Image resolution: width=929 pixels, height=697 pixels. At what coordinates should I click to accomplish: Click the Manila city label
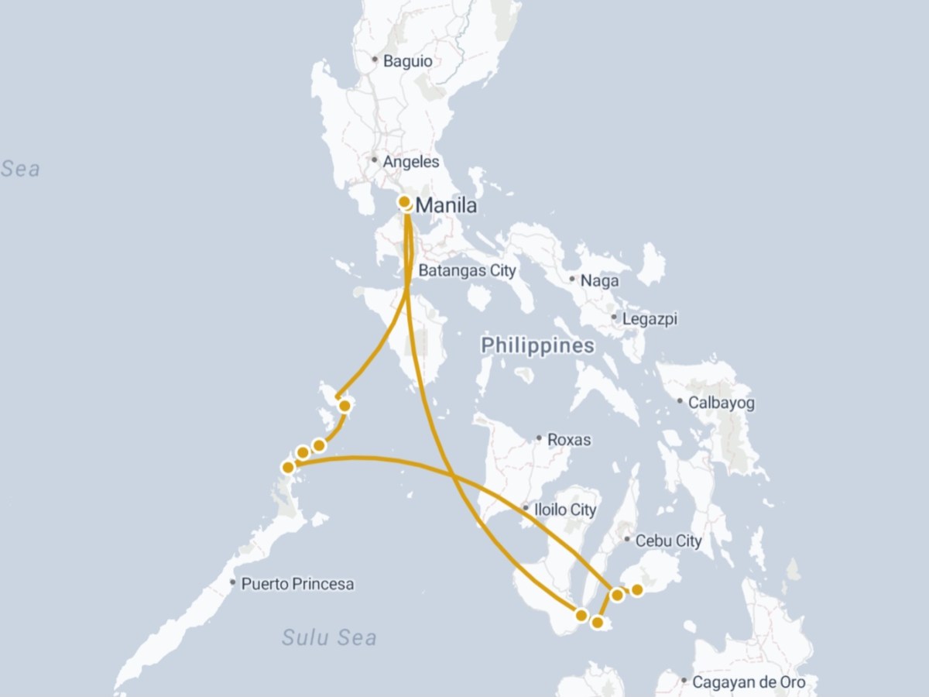click(x=447, y=206)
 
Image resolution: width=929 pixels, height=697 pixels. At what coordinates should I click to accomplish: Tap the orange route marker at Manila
click(x=404, y=202)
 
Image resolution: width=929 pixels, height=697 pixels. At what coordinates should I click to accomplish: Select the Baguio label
click(x=412, y=60)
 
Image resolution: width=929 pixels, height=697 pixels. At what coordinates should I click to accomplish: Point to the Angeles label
click(x=412, y=162)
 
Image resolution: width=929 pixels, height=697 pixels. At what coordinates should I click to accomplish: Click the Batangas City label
click(x=467, y=270)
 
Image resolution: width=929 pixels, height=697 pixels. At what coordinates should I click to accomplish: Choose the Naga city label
click(x=601, y=280)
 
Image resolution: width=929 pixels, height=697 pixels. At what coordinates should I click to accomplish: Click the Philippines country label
click(x=537, y=345)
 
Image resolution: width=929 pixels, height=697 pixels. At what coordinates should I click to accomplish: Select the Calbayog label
click(x=721, y=403)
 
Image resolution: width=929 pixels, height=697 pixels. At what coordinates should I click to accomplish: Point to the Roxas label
click(x=569, y=440)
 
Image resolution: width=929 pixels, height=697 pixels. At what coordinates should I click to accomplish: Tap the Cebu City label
click(x=668, y=541)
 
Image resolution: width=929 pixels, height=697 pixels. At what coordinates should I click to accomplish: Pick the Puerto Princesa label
click(x=297, y=583)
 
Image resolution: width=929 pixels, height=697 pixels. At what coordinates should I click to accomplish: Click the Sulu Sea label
click(x=329, y=637)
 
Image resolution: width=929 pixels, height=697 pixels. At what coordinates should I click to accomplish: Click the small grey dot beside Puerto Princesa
click(x=233, y=582)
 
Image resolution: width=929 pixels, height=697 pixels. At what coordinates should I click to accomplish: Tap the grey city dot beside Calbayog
click(x=680, y=401)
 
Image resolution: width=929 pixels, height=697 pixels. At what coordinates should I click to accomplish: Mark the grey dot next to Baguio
click(x=375, y=60)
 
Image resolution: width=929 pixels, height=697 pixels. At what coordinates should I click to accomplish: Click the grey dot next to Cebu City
click(x=627, y=540)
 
